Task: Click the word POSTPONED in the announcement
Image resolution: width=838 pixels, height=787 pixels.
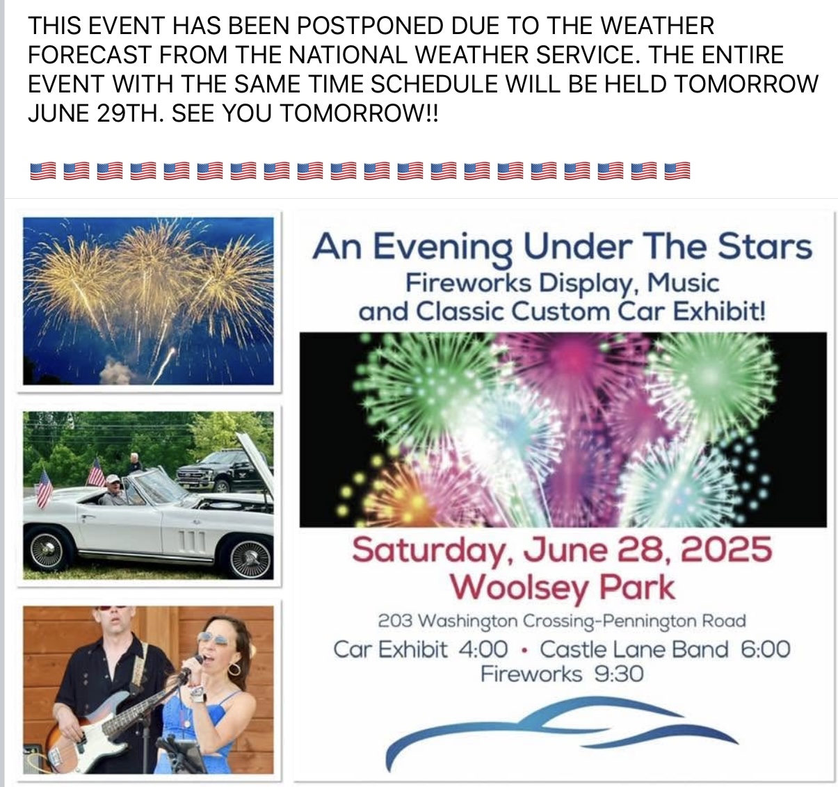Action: click(x=370, y=25)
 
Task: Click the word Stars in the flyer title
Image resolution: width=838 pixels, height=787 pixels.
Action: click(x=764, y=246)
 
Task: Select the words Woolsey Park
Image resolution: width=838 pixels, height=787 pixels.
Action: click(x=563, y=588)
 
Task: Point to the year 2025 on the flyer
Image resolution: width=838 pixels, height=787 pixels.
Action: click(x=726, y=549)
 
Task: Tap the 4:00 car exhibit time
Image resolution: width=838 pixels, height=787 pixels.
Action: click(x=483, y=649)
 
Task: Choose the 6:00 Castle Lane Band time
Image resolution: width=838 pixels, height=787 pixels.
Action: click(x=766, y=649)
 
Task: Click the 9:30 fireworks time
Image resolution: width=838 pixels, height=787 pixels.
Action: click(x=619, y=674)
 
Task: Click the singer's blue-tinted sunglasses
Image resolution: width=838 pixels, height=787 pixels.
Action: click(x=215, y=638)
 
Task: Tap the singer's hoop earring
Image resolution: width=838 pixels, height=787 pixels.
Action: click(x=234, y=670)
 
